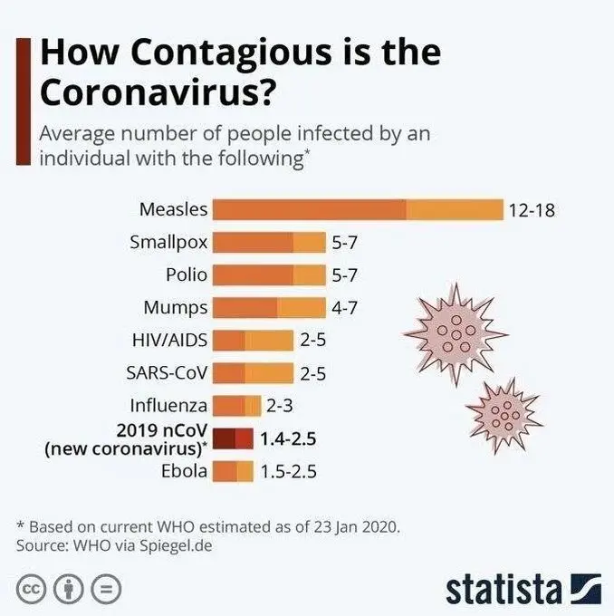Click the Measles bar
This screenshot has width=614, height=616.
point(358,209)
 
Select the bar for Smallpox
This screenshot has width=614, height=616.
point(269,242)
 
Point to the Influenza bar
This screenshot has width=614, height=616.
point(237,406)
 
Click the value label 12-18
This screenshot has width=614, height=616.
point(532,210)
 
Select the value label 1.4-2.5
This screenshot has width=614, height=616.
point(287,438)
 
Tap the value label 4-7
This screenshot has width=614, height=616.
point(344,308)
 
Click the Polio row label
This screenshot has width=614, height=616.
point(187,274)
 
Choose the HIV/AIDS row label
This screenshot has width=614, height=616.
point(170,341)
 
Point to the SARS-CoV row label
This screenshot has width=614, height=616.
point(168,373)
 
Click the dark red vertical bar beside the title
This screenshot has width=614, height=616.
point(24,100)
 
